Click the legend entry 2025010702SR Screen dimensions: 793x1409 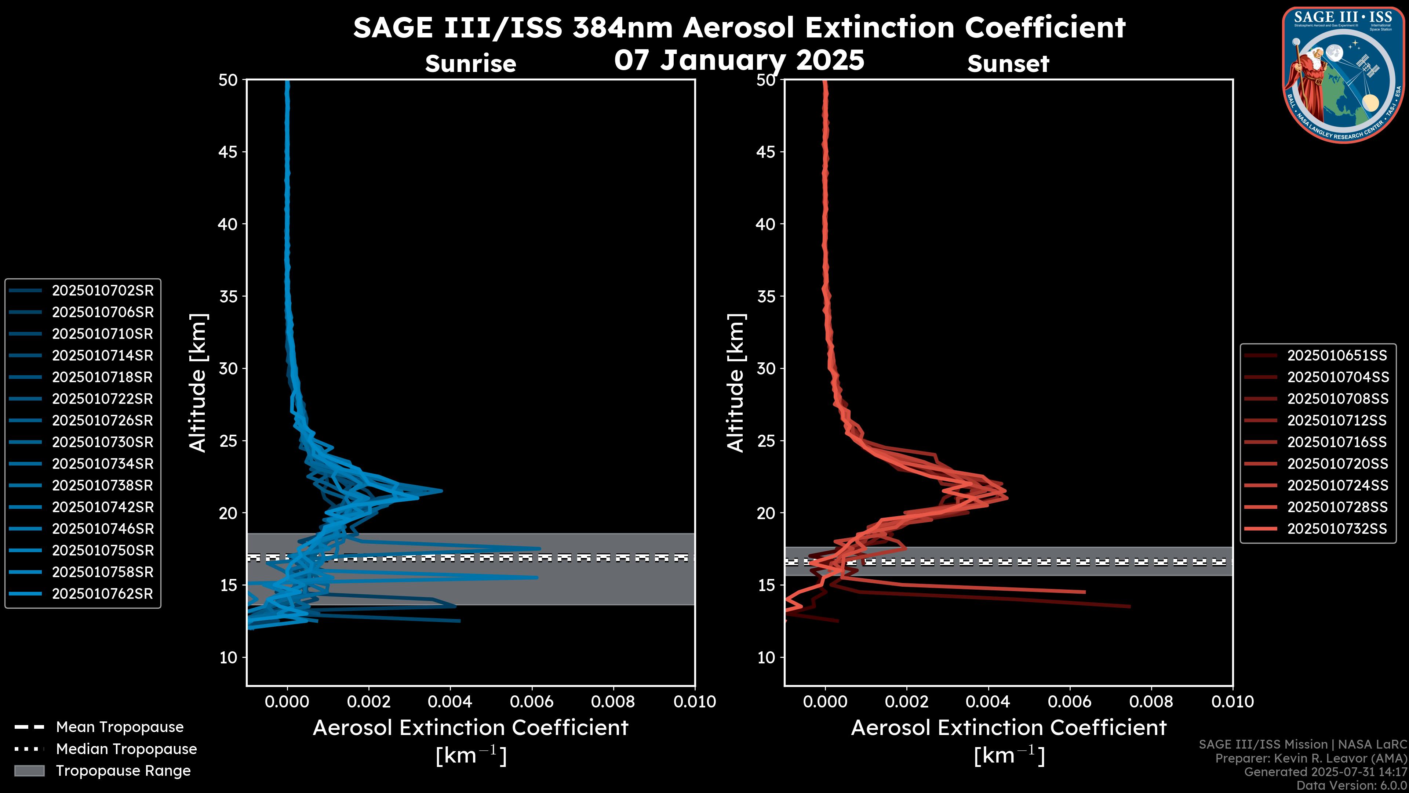[x=102, y=291]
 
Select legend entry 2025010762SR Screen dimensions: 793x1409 [x=102, y=594]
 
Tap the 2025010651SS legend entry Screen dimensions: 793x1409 [x=1337, y=356]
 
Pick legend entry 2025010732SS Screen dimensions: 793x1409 [x=1337, y=529]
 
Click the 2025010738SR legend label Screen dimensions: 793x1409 [x=102, y=485]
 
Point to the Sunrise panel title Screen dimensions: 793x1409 [x=470, y=64]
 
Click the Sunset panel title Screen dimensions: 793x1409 [x=1008, y=64]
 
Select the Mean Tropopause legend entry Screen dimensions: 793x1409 [x=119, y=727]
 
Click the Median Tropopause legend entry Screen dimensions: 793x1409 [x=126, y=749]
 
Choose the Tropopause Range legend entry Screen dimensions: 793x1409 [x=123, y=771]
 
